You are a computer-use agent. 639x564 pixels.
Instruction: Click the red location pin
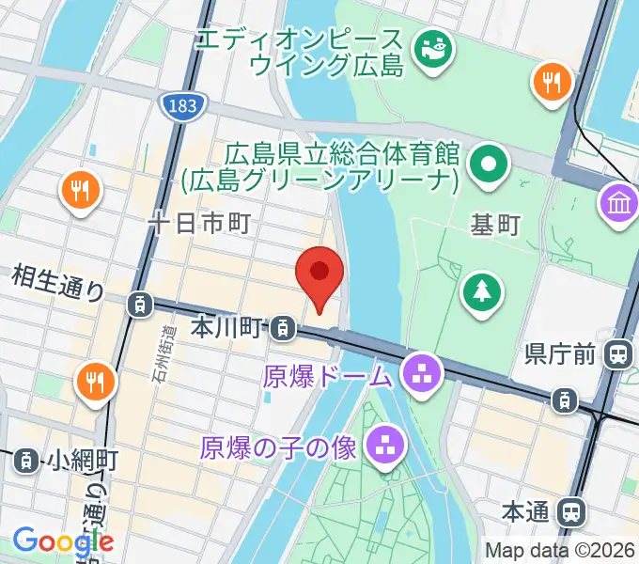coord(319,274)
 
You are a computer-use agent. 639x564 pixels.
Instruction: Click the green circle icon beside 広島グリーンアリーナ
coord(490,165)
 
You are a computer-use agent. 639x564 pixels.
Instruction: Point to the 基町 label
coord(495,225)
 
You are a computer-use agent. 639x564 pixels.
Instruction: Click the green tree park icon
coord(481,290)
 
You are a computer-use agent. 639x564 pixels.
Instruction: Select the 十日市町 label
coord(199,223)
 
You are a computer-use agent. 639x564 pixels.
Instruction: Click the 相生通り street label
coord(58,282)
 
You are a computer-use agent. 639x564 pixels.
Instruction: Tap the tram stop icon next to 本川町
coord(280,328)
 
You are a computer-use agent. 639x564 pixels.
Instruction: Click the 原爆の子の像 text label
coord(278,447)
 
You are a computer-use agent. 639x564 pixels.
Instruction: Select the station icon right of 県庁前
coord(618,353)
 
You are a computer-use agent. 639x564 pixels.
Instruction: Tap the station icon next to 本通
coord(569,512)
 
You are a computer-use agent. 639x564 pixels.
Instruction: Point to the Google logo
coord(63,542)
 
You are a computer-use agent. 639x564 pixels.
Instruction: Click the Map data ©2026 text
coord(560,550)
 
